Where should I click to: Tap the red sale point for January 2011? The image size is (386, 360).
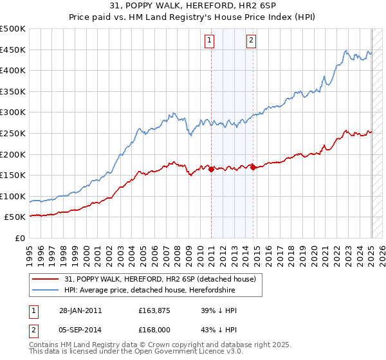point(211,169)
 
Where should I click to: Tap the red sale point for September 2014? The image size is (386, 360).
point(253,167)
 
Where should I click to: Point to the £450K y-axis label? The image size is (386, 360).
point(14,50)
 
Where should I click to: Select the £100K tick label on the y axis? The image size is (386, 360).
point(14,196)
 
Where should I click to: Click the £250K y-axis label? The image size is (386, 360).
point(14,133)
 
